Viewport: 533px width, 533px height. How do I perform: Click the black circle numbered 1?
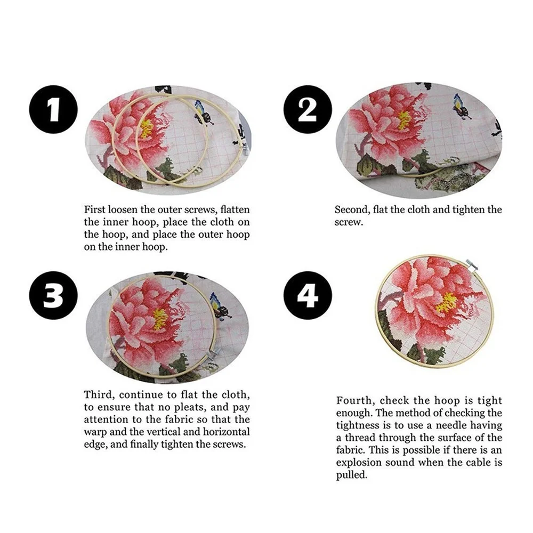coord(53,109)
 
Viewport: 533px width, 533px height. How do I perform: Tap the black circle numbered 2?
coord(308,109)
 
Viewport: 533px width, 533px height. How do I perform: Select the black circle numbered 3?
coord(53,295)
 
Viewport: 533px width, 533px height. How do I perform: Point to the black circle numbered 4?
coord(308,295)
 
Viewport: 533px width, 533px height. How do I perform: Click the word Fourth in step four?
coord(356,401)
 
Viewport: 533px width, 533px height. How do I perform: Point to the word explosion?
coord(359,463)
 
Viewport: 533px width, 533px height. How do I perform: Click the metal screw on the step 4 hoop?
coord(472,264)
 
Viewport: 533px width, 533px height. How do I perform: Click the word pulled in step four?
coord(352,475)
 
